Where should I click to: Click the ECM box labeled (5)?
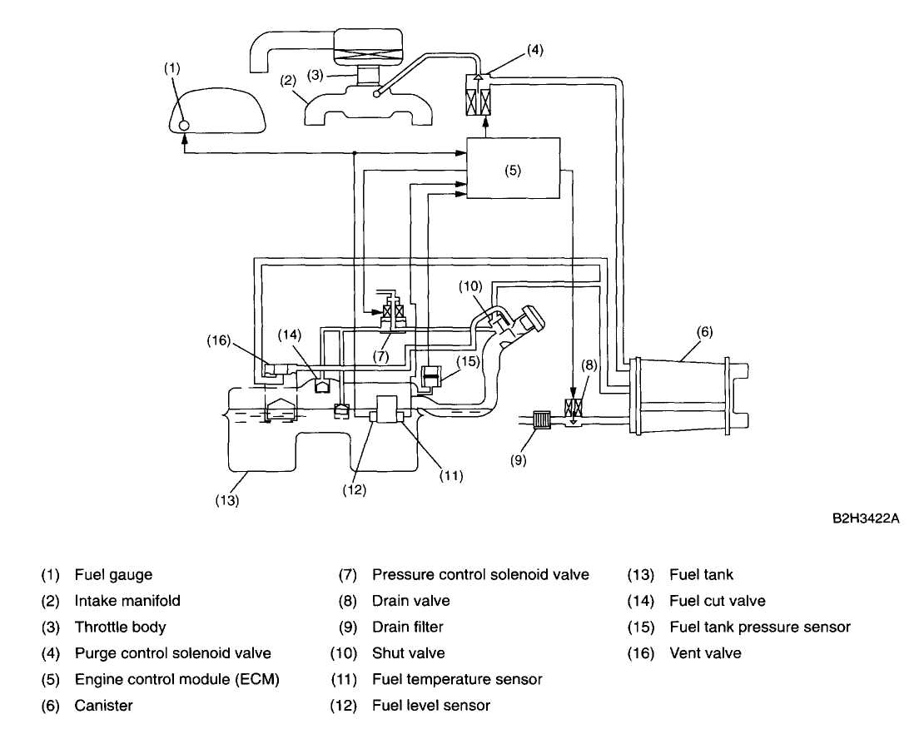[513, 168]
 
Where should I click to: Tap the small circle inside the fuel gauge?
[183, 124]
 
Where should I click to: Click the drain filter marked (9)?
[540, 420]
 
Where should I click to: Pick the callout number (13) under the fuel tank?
[226, 500]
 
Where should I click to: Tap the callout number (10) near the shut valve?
[470, 286]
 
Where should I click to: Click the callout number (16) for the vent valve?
[219, 340]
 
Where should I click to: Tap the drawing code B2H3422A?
[866, 518]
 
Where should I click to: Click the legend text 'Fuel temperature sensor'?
[456, 679]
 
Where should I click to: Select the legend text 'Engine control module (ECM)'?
[176, 679]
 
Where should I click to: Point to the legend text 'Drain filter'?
[407, 627]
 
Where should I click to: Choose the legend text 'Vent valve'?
[705, 652]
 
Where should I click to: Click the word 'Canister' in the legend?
[104, 705]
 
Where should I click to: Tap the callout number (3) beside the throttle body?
[315, 75]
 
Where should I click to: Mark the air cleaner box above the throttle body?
[368, 47]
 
